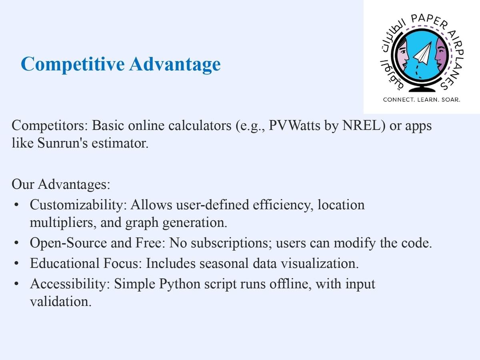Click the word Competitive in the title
tap(73, 64)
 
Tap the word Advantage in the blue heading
tap(175, 64)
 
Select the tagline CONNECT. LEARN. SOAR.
tap(422, 100)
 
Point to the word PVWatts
tap(294, 126)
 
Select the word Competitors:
tap(50, 126)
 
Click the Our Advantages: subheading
tap(61, 184)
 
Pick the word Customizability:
tap(78, 205)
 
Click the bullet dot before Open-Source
tap(16, 243)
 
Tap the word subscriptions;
tap(231, 243)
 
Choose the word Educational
tap(65, 263)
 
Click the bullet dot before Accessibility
tap(16, 284)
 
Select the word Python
tap(180, 284)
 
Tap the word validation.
tap(60, 302)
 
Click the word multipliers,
tap(63, 223)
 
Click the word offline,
tap(290, 284)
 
